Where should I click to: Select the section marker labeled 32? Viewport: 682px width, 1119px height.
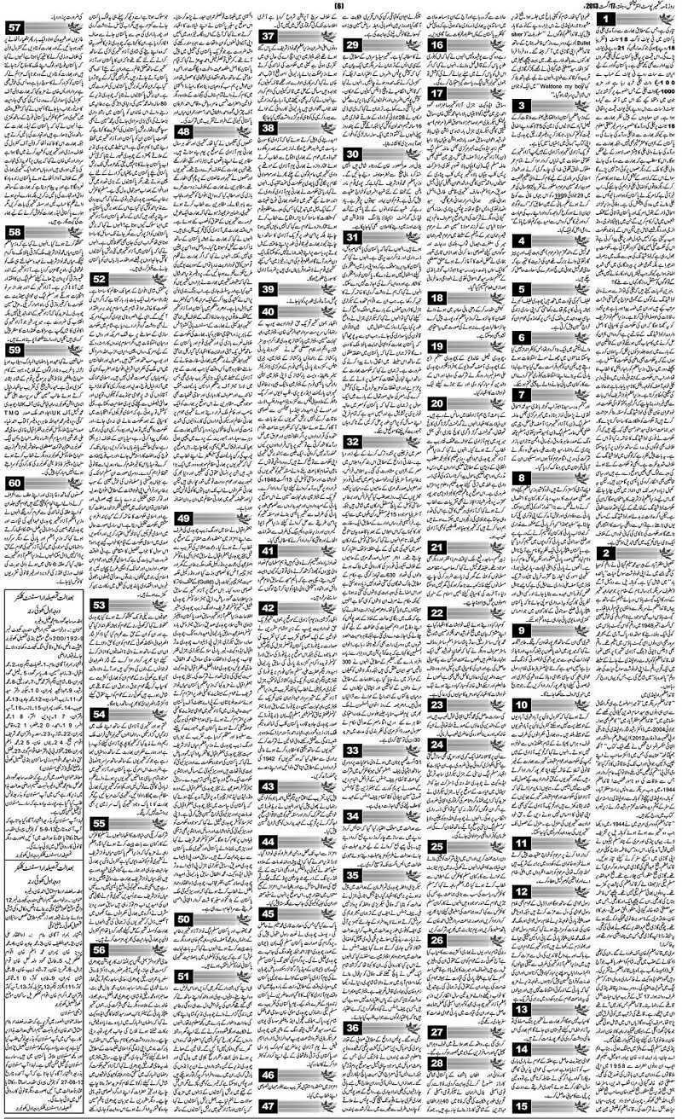352,442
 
